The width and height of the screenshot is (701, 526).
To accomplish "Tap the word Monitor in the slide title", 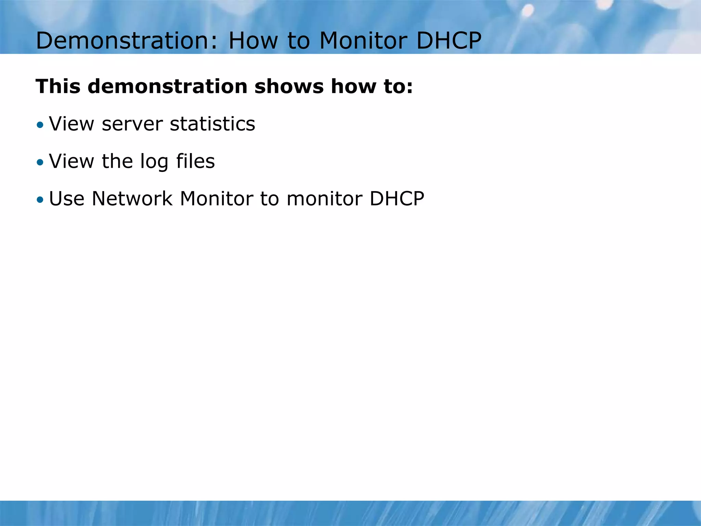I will coord(363,41).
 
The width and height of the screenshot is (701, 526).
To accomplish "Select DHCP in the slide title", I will coord(449,41).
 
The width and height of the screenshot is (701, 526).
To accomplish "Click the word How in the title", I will coord(253,41).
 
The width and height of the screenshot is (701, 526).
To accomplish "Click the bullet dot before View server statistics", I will coord(40,125).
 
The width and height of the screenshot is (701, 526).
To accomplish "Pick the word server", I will coord(132,124).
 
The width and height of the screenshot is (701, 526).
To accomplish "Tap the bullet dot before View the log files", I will coord(40,162).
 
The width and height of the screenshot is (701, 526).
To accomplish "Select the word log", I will coord(154,162).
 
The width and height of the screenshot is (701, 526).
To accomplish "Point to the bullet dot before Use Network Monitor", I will coord(40,199).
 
